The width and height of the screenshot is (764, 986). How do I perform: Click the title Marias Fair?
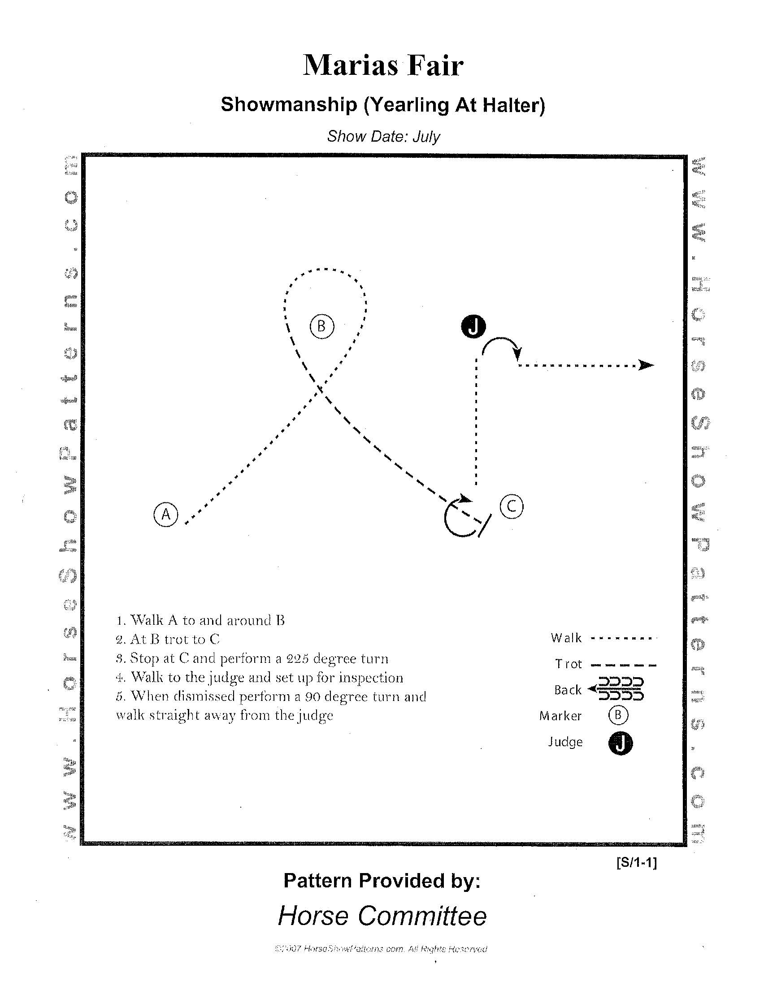click(383, 66)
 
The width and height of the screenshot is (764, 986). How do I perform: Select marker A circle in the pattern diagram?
click(166, 514)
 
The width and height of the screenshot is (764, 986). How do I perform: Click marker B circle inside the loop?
click(322, 326)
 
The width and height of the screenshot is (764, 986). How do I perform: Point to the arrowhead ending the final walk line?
click(647, 365)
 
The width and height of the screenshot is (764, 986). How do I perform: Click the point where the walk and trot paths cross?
click(319, 388)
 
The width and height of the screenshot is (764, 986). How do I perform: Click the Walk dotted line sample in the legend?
click(623, 638)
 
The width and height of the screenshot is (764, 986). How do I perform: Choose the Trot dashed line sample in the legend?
click(623, 665)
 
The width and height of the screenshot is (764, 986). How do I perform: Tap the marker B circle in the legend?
click(618, 715)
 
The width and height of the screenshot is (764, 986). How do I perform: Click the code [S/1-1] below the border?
click(636, 863)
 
